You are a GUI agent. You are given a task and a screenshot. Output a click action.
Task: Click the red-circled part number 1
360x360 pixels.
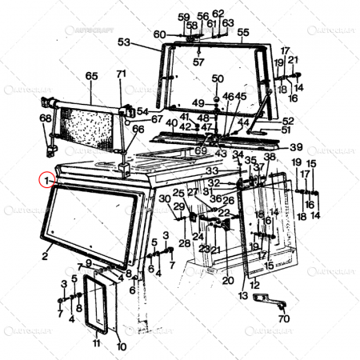[49, 181]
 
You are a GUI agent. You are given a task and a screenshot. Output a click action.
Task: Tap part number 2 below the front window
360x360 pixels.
[46, 258]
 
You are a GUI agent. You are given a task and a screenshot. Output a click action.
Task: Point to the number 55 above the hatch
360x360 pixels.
[243, 32]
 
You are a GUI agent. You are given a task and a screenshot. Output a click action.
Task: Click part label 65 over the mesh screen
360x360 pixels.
[91, 76]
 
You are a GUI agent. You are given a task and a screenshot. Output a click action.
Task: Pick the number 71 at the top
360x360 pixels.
[122, 74]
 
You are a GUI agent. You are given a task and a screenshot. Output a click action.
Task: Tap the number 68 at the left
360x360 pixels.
[45, 118]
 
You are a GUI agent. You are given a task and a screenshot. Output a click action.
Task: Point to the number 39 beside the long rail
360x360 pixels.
[296, 147]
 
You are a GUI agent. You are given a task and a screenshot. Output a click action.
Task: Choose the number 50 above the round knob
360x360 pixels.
[218, 78]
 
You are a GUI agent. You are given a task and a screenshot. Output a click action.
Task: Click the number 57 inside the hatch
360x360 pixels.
[198, 62]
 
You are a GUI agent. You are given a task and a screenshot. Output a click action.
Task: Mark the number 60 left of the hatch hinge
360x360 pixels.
[159, 34]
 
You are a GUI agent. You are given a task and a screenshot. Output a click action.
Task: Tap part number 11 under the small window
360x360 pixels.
[96, 344]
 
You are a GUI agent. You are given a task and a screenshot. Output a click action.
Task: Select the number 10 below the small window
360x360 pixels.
[121, 346]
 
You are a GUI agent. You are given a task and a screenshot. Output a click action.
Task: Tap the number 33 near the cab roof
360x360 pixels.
[212, 170]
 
